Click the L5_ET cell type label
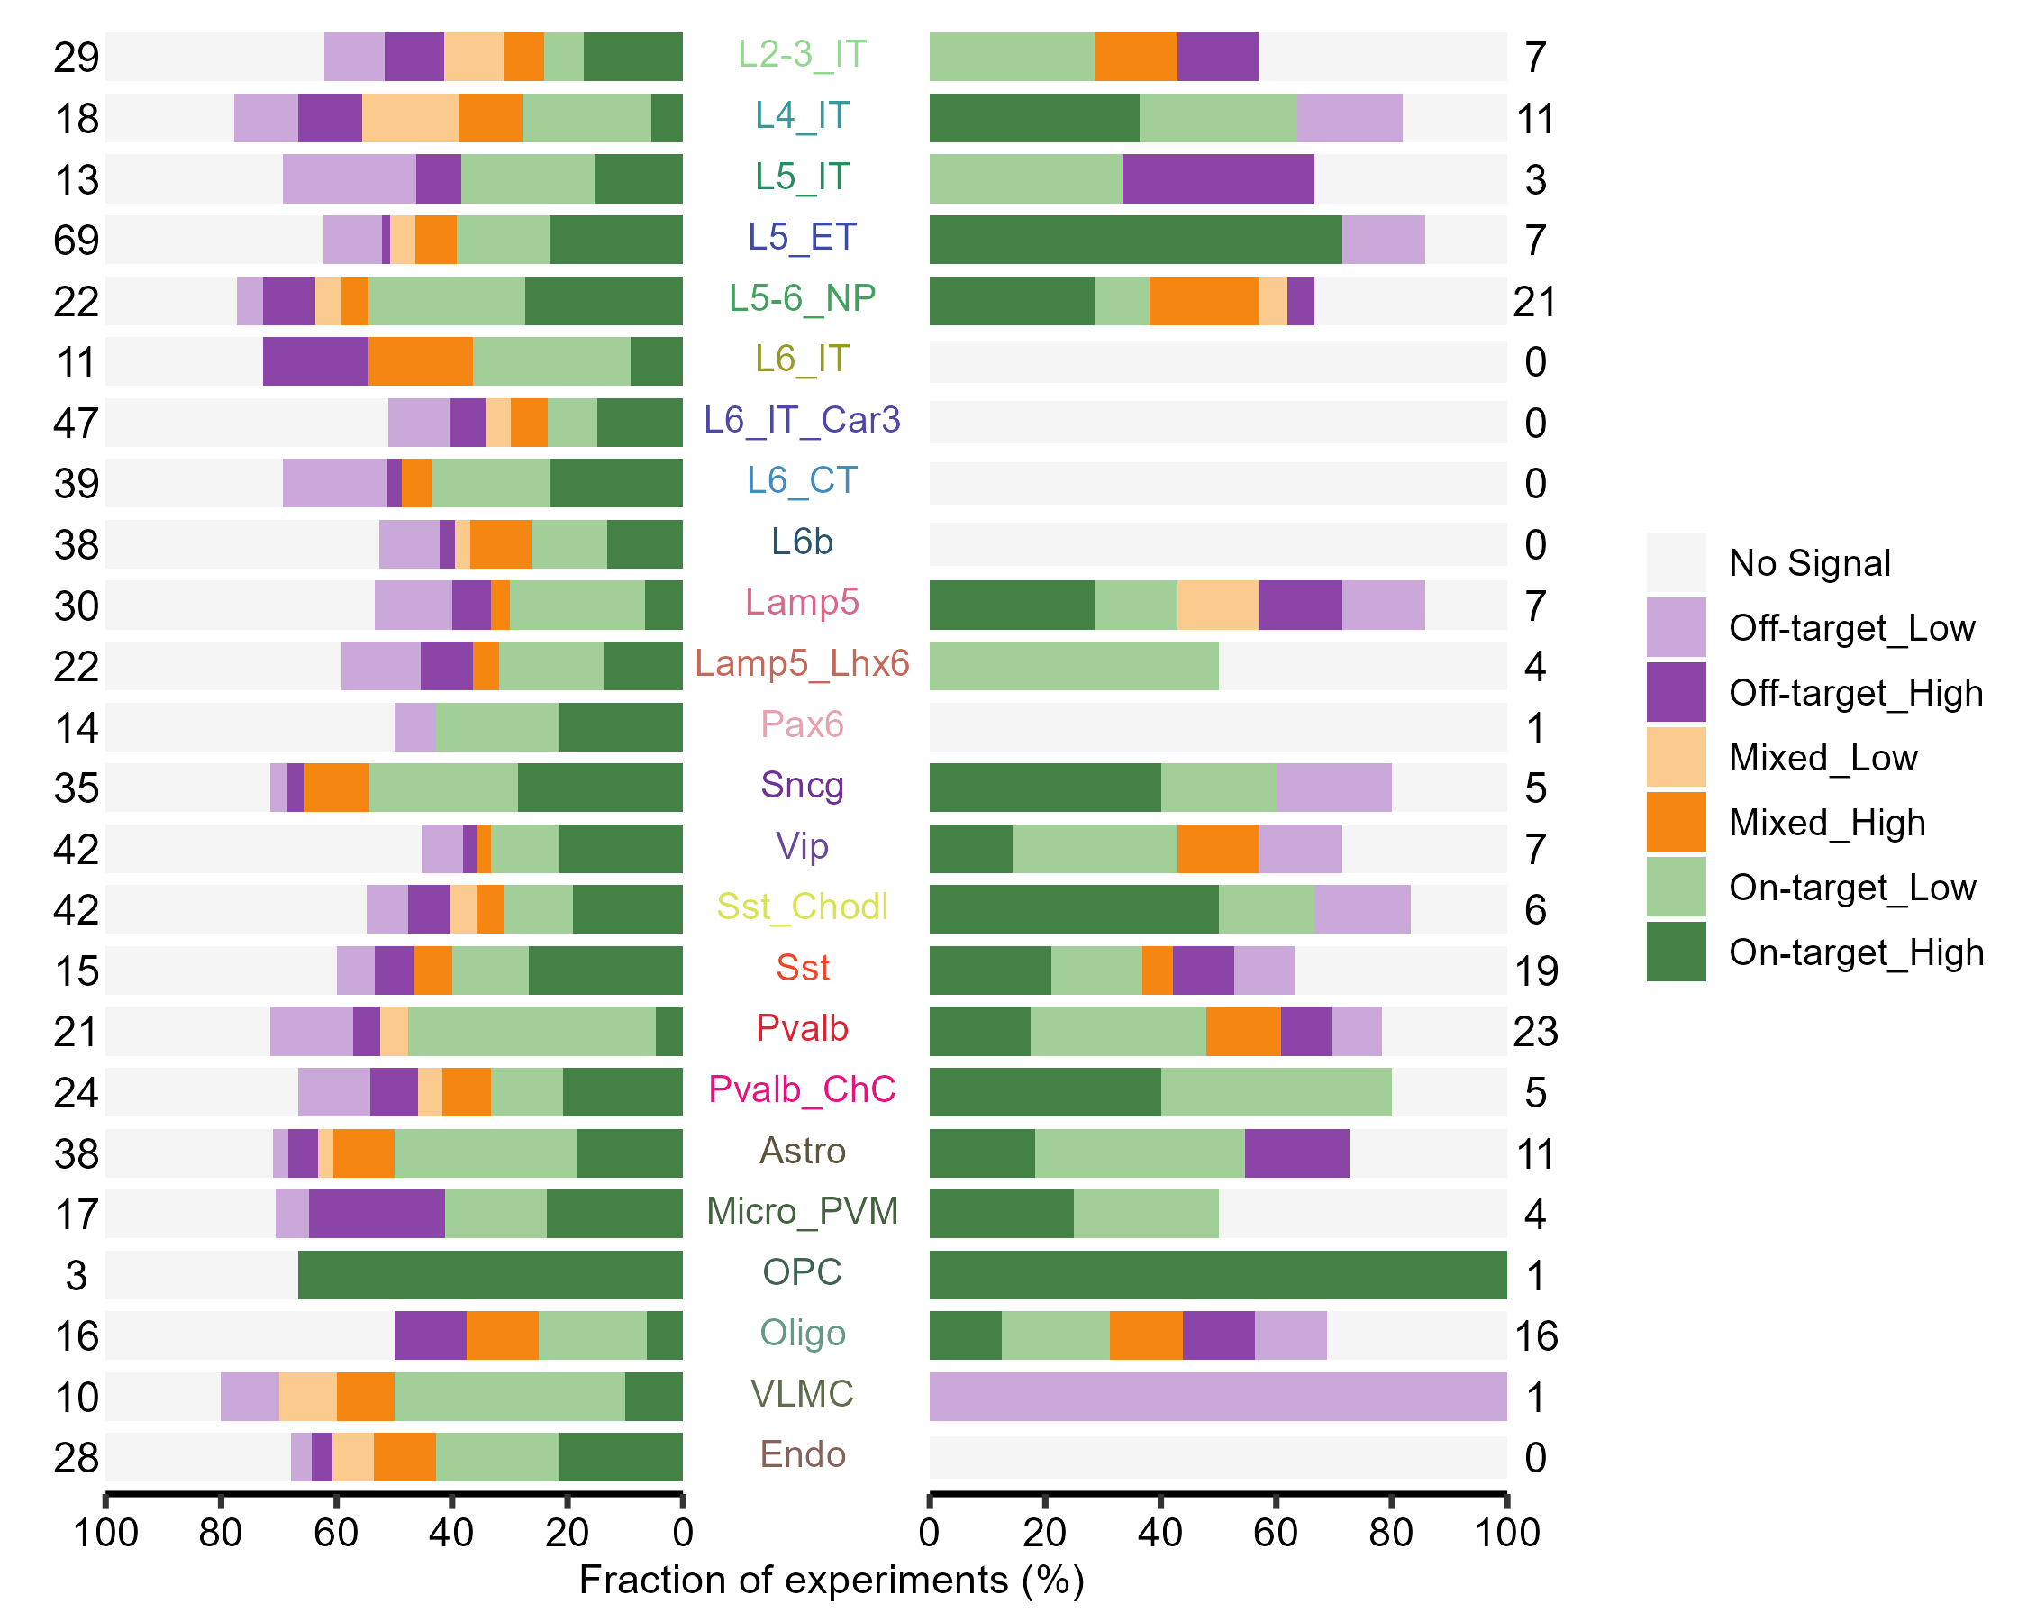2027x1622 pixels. [801, 238]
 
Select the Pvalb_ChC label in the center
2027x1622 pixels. [801, 1089]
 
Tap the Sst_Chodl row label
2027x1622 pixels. [801, 907]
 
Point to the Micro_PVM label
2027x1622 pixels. [801, 1212]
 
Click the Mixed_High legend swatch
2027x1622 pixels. [1676, 822]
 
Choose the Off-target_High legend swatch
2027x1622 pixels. [1676, 692]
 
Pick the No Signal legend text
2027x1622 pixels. [1809, 563]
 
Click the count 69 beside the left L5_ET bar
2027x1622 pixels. [77, 241]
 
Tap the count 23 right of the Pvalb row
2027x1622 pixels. [1535, 1033]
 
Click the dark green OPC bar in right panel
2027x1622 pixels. [1217, 1275]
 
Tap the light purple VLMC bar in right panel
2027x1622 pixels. [1217, 1397]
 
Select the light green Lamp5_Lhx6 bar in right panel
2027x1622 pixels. [1074, 666]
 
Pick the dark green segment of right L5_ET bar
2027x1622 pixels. [1135, 240]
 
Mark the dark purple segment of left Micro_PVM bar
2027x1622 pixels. [376, 1214]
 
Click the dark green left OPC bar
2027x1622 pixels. [490, 1275]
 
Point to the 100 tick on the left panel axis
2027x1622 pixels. [105, 1534]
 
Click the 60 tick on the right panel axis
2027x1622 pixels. [1276, 1534]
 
